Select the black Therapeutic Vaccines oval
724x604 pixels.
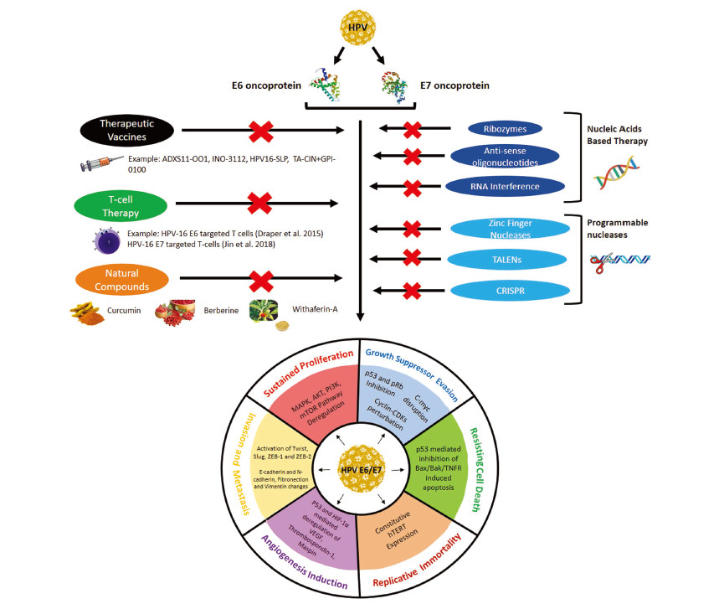coord(127,130)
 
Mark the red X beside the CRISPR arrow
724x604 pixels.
coord(412,291)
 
